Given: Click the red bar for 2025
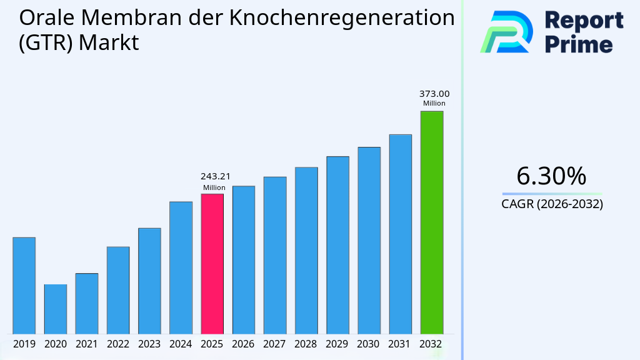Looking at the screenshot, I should click(x=212, y=264).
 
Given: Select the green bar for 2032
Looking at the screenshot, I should click(x=431, y=222).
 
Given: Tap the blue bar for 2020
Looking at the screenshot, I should click(x=55, y=309).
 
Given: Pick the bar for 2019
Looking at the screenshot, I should click(x=24, y=286).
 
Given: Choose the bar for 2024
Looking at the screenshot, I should click(x=181, y=267).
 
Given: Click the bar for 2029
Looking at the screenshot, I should click(x=337, y=245).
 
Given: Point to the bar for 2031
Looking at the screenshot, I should click(x=400, y=234).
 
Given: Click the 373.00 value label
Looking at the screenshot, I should click(x=434, y=94).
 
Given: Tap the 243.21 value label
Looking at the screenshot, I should click(x=214, y=177).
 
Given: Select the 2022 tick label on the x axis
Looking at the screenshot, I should click(x=118, y=344).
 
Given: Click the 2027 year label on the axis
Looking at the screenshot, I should click(x=275, y=344).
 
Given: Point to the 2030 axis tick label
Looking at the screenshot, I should click(x=369, y=344).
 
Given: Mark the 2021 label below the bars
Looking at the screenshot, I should click(x=86, y=344).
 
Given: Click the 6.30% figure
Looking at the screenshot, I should click(x=551, y=176).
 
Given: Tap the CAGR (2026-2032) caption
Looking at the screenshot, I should click(x=552, y=204).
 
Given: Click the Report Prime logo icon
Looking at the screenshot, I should click(x=506, y=32).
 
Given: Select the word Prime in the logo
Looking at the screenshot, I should click(x=579, y=44).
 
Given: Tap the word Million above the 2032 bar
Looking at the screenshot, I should click(x=434, y=104).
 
